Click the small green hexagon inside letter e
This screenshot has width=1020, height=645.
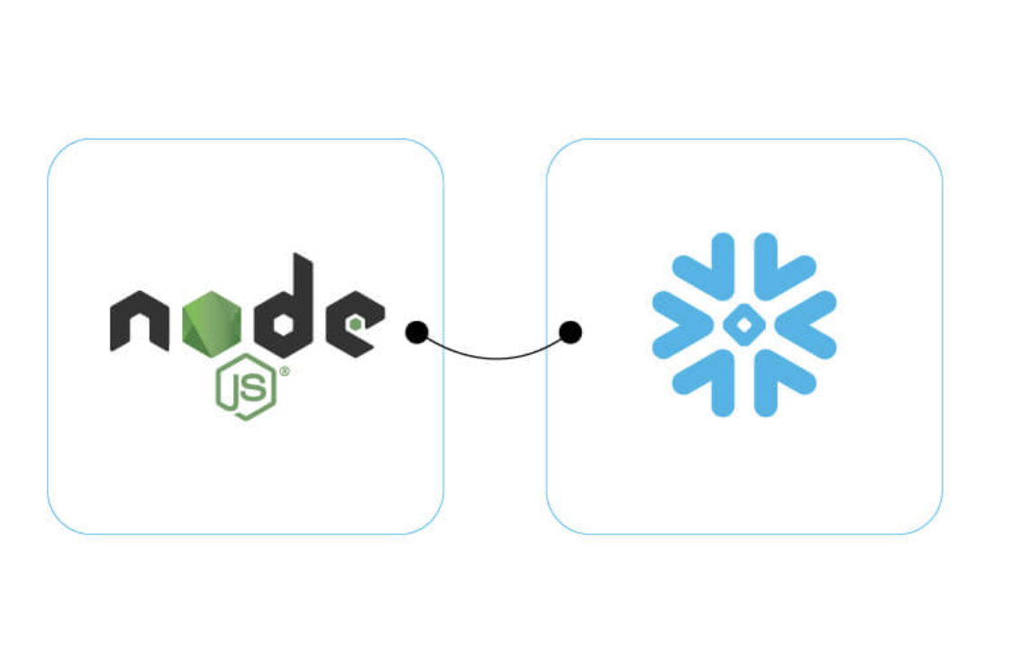(x=358, y=322)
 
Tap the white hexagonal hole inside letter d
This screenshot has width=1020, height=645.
(x=282, y=325)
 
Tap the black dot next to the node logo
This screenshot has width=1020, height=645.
(x=416, y=332)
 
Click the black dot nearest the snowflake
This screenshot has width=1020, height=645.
(x=569, y=332)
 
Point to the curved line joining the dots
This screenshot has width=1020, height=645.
(x=493, y=357)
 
